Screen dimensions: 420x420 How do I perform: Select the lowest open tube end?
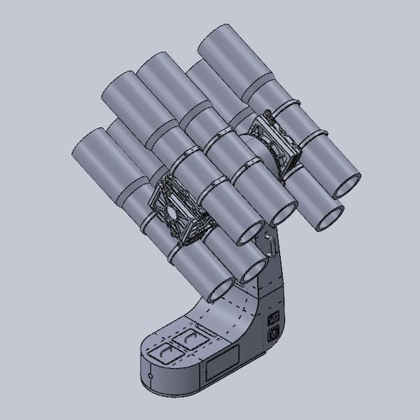[x=221, y=288]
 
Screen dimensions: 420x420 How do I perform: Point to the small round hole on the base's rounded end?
[x=149, y=378]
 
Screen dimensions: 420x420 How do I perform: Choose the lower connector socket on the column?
[x=274, y=334]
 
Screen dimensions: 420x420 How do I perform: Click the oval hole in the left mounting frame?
[x=169, y=210]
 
